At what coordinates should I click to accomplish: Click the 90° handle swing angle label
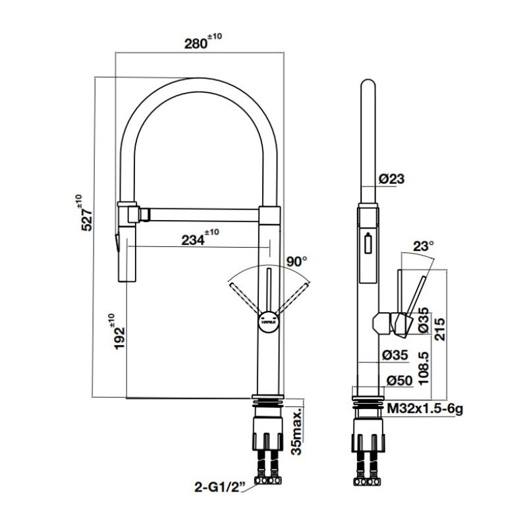point(296,262)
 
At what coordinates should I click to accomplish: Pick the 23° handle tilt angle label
point(424,246)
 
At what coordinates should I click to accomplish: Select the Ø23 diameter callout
point(392,179)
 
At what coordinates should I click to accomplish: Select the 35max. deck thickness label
point(297,431)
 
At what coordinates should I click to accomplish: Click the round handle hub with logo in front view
point(269,322)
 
